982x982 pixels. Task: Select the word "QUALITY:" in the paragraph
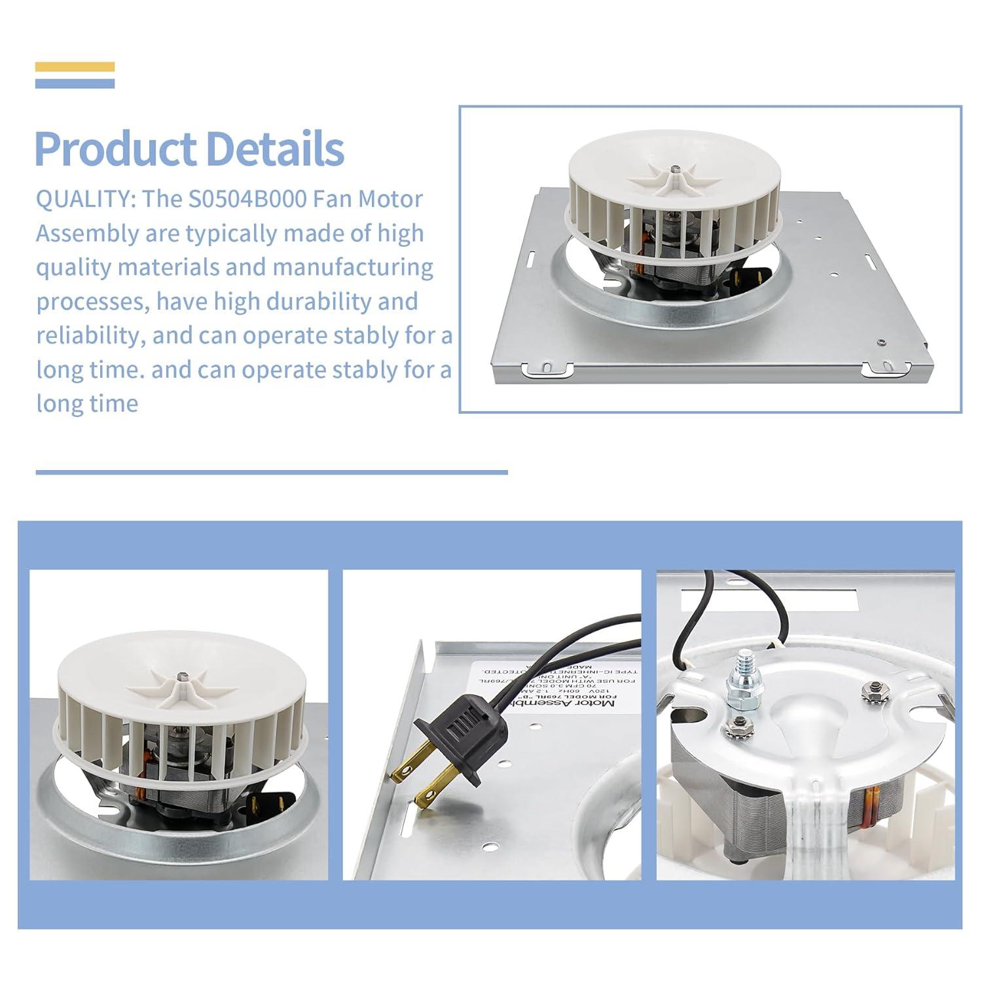click(85, 199)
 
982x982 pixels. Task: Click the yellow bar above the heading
click(75, 67)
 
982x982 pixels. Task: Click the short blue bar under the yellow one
click(75, 83)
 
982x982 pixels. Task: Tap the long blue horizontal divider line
click(272, 472)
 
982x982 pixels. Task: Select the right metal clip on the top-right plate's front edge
click(881, 369)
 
